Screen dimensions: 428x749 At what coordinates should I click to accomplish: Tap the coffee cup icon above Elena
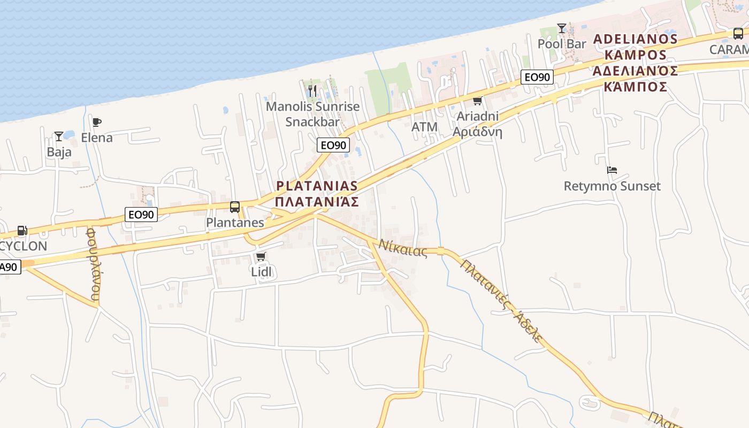pos(97,123)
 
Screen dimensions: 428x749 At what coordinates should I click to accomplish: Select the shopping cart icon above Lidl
pos(261,257)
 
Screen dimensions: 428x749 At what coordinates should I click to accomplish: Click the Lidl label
pos(262,272)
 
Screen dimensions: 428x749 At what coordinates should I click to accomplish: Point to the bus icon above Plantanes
pos(234,207)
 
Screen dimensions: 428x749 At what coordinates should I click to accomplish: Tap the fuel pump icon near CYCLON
pos(22,231)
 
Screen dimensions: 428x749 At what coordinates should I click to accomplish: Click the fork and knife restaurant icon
pos(313,91)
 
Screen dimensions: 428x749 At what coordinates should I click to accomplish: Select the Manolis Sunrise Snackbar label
pos(313,114)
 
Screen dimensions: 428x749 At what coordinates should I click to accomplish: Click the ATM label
pos(425,127)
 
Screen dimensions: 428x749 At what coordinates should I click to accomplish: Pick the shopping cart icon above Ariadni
pos(477,101)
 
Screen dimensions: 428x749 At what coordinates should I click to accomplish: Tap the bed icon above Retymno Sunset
pos(612,171)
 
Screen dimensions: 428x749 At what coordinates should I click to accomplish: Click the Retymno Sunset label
pos(612,186)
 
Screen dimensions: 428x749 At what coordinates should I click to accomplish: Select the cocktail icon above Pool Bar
pos(562,28)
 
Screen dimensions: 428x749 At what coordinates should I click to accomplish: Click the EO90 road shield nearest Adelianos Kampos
pos(537,77)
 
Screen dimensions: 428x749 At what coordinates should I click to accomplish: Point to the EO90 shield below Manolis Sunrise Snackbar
pos(333,145)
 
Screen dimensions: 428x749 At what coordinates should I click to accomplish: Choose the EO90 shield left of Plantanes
pos(141,215)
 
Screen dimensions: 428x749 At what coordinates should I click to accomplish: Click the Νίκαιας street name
pos(403,248)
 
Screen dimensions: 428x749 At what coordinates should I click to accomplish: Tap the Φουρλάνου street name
pos(94,264)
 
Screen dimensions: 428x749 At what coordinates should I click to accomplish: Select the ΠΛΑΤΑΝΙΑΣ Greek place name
pos(317,202)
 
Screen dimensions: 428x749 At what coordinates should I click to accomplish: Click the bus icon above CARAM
pos(738,34)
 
